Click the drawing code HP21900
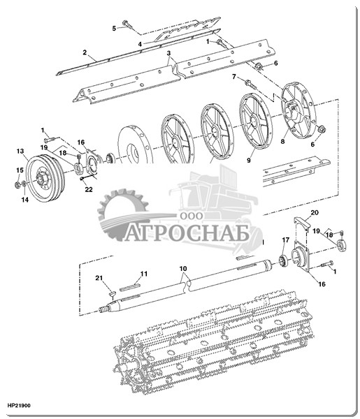coord(19,405)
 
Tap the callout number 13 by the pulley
coord(20,152)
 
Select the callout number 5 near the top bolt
coord(114,29)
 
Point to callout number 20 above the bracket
coord(315,212)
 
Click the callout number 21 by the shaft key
coord(99,278)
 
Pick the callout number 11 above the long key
coord(144,274)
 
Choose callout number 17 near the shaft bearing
coord(286,240)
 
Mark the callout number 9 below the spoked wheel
coord(249,161)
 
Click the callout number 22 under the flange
coord(89,189)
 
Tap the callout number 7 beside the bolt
coord(234,77)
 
